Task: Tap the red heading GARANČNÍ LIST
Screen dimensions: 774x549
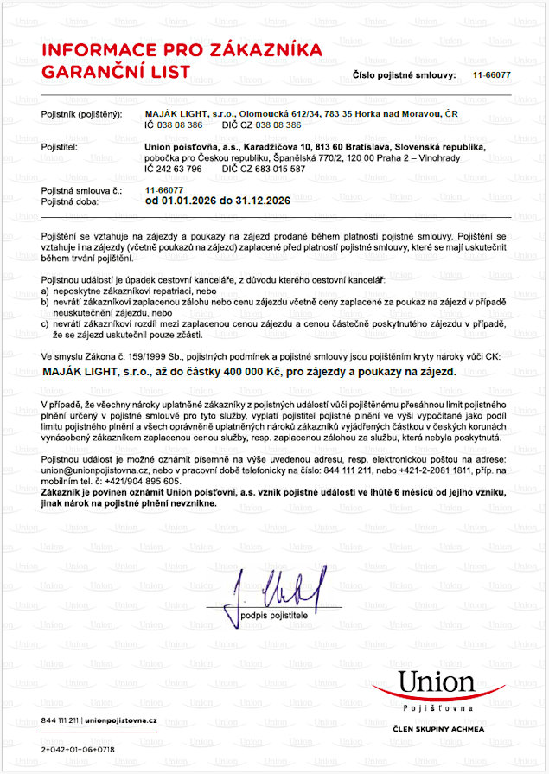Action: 115,71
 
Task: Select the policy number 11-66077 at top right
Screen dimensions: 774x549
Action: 491,75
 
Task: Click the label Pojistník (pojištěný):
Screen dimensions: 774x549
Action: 81,115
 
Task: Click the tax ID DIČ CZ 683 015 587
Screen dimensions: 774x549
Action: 264,169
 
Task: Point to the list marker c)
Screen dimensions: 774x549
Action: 46,322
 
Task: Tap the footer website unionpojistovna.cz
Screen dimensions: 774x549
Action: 121,720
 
